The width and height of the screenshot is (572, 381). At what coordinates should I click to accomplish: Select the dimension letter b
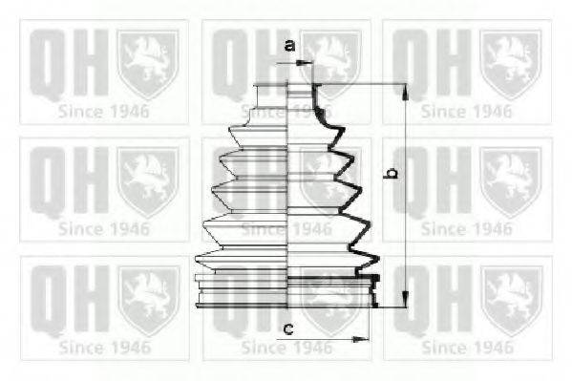tap(390, 174)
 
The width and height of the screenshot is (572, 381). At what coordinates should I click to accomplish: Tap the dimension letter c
tap(287, 329)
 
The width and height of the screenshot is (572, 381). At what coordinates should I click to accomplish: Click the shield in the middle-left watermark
tap(146, 177)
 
